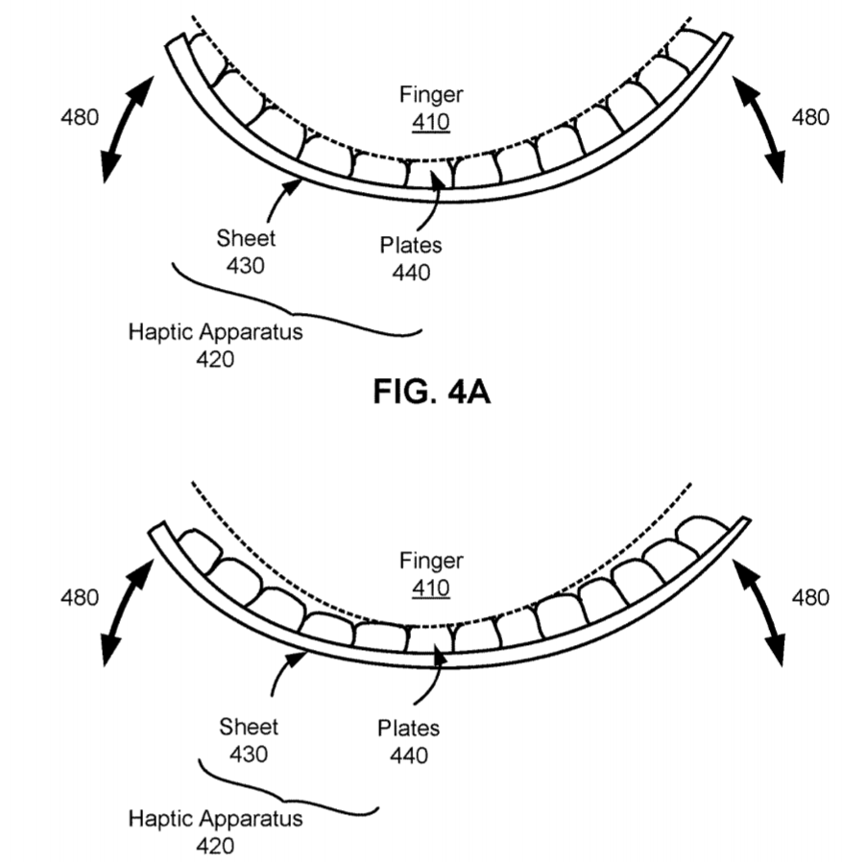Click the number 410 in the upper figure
(431, 122)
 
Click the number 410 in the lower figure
(431, 587)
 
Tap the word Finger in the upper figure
(431, 96)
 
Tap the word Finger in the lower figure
(431, 562)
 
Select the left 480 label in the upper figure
(80, 118)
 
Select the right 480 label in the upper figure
(809, 118)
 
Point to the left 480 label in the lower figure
(80, 598)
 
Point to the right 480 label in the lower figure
(809, 598)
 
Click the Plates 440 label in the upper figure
(411, 259)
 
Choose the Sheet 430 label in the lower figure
(248, 741)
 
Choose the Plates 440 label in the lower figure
(409, 742)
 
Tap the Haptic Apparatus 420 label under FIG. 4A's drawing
(215, 347)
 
